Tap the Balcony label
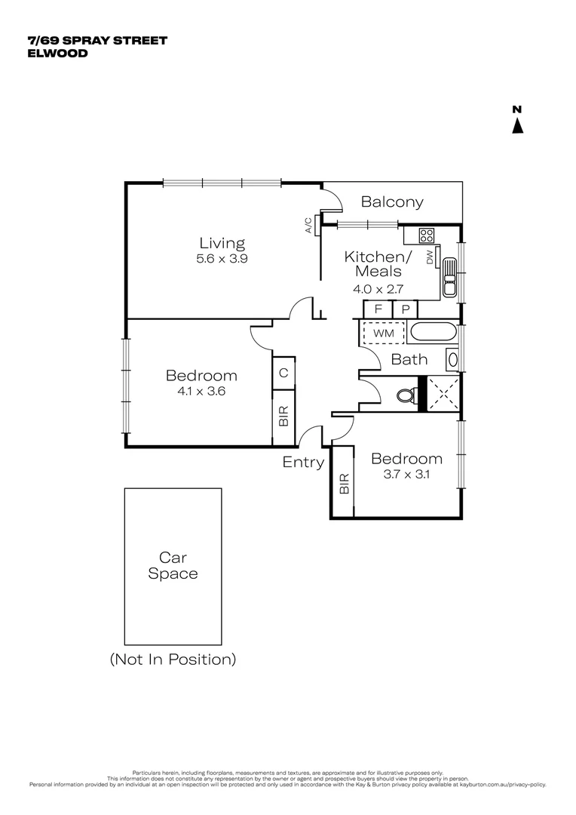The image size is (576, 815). (391, 202)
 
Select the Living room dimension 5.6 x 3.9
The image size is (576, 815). (222, 258)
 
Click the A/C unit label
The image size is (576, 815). (308, 226)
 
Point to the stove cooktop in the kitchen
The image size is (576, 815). (427, 235)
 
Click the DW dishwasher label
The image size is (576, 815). (430, 257)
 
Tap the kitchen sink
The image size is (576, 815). (450, 277)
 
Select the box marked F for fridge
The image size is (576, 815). (378, 309)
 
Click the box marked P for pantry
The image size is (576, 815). (405, 309)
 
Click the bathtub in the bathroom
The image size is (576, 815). (432, 332)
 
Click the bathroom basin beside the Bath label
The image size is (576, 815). (452, 360)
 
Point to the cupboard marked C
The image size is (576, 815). (283, 372)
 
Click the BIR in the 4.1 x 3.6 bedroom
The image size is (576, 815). (283, 417)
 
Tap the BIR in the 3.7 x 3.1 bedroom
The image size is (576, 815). (343, 482)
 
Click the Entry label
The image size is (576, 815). (303, 463)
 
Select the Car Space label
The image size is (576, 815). (173, 566)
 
